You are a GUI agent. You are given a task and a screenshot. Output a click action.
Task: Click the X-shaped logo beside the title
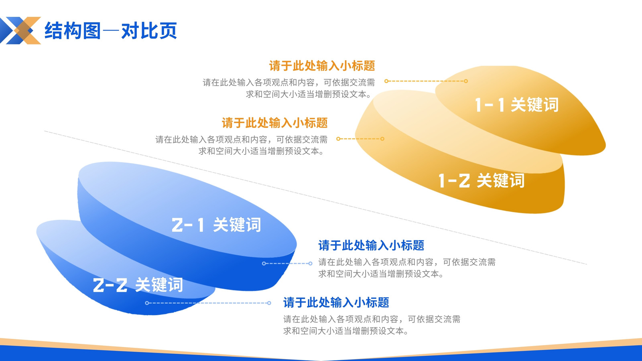(x=20, y=30)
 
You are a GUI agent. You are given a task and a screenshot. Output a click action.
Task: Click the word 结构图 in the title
(x=73, y=30)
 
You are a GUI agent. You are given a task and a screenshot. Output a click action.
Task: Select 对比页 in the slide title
(x=149, y=30)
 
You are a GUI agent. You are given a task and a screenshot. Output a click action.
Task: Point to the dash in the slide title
(x=111, y=30)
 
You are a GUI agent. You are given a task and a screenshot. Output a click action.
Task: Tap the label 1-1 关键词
(x=517, y=105)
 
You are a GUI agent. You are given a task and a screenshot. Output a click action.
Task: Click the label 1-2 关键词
(x=481, y=180)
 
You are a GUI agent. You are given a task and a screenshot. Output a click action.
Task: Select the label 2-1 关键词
(x=216, y=225)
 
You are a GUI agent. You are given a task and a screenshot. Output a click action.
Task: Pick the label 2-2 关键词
(x=138, y=285)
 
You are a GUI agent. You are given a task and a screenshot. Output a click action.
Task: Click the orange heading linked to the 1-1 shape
(x=322, y=66)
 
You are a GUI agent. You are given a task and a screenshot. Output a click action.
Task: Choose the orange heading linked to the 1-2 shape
(x=274, y=123)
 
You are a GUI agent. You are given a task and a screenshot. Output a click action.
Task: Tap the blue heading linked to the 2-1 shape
(x=371, y=245)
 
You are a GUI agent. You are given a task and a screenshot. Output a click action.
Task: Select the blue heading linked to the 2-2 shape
(x=336, y=302)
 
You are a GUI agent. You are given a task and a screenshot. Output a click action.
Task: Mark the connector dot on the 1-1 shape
(x=466, y=81)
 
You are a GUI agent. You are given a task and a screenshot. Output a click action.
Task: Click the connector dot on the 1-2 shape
(x=382, y=139)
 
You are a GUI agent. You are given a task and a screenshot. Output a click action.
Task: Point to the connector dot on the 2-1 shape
(x=264, y=263)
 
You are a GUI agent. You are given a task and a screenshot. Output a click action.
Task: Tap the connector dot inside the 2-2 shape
(x=147, y=303)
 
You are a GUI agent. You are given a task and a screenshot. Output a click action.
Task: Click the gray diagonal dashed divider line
(x=315, y=197)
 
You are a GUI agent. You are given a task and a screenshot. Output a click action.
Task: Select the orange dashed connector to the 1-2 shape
(x=360, y=139)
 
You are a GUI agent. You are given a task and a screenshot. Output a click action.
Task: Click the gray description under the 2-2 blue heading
(x=372, y=325)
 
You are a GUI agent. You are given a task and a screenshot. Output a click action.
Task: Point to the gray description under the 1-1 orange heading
(x=289, y=88)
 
